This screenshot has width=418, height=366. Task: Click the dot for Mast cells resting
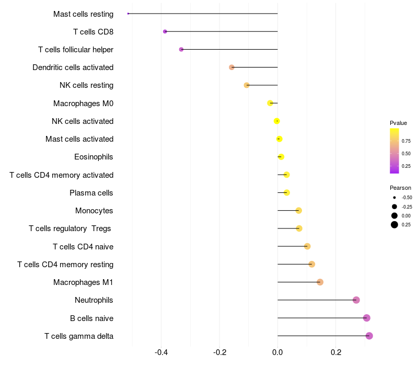click(x=128, y=14)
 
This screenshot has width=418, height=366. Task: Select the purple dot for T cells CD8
click(x=165, y=31)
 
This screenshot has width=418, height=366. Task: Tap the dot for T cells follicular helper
click(x=181, y=49)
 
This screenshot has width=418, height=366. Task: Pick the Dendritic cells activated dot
click(x=231, y=67)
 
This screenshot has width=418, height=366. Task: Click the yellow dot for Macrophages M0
click(x=270, y=103)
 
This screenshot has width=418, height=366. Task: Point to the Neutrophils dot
click(x=356, y=300)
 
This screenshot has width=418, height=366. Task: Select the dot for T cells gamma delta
click(x=369, y=336)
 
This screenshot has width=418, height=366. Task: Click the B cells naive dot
click(x=367, y=318)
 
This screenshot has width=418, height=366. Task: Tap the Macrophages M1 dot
click(x=320, y=282)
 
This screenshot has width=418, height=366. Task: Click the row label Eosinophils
click(x=94, y=157)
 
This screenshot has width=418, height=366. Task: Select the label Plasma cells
click(x=91, y=193)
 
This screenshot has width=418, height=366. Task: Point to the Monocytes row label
click(x=94, y=211)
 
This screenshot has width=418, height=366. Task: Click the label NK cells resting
click(x=87, y=85)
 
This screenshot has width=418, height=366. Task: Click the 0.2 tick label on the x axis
click(x=336, y=352)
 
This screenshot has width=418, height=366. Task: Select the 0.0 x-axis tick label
click(x=277, y=352)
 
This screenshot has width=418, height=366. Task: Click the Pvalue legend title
click(x=398, y=123)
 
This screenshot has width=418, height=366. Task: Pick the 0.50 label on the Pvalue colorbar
click(x=406, y=154)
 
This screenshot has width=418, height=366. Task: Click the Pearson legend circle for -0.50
click(x=394, y=198)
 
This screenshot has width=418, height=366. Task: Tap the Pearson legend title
click(x=400, y=188)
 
